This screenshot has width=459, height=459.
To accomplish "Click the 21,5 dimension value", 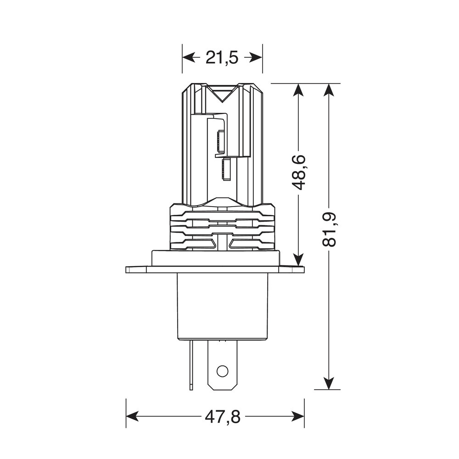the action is pyautogui.click(x=222, y=58).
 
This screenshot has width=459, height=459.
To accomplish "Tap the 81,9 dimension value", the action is pyautogui.click(x=329, y=229).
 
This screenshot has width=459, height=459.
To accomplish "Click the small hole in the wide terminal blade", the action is pyautogui.click(x=222, y=370).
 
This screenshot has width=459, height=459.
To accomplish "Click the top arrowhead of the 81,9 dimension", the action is pyautogui.click(x=328, y=90).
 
